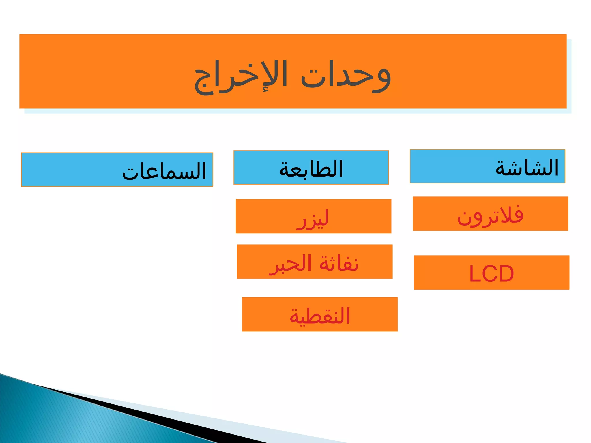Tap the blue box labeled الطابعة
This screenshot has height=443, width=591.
click(x=311, y=167)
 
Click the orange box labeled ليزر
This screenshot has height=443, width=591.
click(x=313, y=216)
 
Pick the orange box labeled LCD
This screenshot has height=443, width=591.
click(x=491, y=272)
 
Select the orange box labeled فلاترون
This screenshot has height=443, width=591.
click(x=490, y=214)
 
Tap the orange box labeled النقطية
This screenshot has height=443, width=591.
click(x=320, y=314)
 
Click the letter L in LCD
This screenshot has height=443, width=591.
click(x=475, y=274)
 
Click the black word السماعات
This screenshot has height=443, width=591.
click(x=164, y=171)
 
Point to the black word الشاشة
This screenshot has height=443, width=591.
click(x=527, y=168)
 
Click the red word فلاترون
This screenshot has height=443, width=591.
click(x=490, y=215)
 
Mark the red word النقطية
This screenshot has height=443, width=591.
click(x=320, y=316)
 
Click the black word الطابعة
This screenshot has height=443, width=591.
click(x=311, y=169)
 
